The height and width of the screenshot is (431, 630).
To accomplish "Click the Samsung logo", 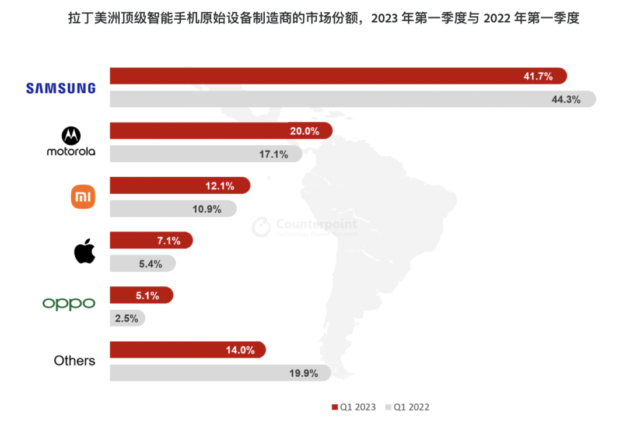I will (x=61, y=88).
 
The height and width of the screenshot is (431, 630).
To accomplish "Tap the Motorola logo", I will (x=71, y=143).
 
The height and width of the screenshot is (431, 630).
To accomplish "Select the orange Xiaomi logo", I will (x=83, y=197).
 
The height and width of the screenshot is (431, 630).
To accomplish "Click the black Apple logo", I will (x=85, y=251).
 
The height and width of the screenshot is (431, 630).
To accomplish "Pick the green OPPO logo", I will (x=69, y=303).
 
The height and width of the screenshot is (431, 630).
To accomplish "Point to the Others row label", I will (x=74, y=360).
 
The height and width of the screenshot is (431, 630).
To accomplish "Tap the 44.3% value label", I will (x=566, y=99).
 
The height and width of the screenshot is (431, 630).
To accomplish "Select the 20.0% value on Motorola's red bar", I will (x=304, y=131).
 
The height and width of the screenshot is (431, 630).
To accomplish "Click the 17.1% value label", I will (x=274, y=155).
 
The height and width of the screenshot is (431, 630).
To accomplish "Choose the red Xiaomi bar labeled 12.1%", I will (x=180, y=185).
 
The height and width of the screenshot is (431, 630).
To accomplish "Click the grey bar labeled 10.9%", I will (x=173, y=209).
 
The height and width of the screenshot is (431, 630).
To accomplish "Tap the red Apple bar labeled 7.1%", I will (x=150, y=240).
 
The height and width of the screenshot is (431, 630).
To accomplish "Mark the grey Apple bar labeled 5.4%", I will (x=142, y=264).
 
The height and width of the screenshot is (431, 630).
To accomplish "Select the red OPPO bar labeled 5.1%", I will (x=141, y=295).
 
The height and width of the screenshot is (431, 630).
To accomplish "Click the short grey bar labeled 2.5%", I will (x=127, y=318).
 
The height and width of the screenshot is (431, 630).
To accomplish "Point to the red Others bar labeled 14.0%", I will (x=187, y=350).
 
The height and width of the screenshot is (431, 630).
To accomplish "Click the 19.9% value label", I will (x=304, y=373).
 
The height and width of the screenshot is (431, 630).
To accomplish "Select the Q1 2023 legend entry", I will (x=353, y=407).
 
